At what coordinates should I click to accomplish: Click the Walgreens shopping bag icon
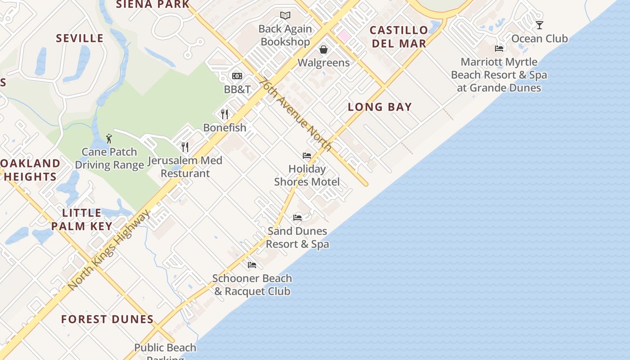pos(323,49)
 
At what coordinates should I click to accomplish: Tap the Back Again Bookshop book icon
pos(285,16)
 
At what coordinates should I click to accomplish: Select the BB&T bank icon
pos(237,76)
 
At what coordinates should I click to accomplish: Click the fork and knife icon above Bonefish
pos(225,114)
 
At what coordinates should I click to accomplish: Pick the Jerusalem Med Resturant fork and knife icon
pos(184,147)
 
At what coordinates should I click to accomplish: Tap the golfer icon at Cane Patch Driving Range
pos(109,139)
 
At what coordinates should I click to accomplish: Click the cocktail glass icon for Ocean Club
pos(539,25)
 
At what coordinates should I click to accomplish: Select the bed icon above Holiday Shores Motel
pos(307,156)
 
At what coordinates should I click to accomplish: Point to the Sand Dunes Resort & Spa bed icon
pos(297,218)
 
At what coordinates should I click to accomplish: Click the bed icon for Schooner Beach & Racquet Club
pos(252,265)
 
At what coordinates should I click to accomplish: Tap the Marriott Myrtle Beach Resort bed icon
pos(499,49)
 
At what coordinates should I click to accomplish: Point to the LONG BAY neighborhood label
pos(380,107)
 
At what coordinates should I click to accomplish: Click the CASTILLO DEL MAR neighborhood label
pos(398,37)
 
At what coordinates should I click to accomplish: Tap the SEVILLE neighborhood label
pos(80,38)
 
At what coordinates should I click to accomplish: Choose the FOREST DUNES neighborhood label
pos(108,319)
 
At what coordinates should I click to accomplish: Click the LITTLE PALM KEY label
pos(81,220)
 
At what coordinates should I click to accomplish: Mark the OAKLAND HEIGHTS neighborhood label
pos(31,170)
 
